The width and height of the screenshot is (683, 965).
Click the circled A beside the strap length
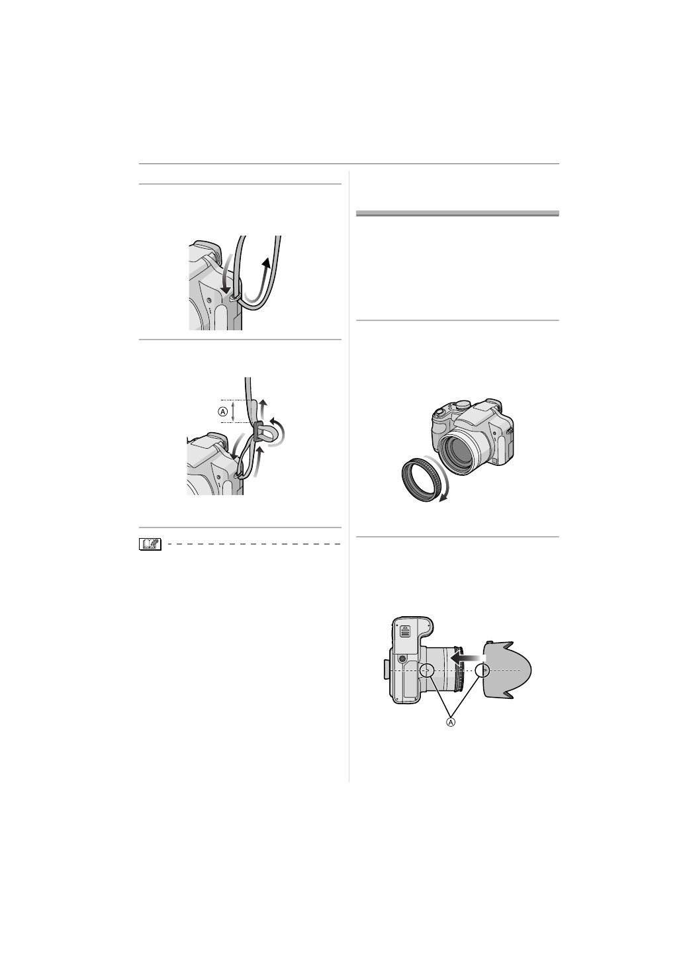click(x=223, y=411)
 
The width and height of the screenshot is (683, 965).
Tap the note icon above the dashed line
click(x=150, y=544)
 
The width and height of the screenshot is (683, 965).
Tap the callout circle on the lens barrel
click(x=427, y=670)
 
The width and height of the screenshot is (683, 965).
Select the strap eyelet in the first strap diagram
click(x=233, y=299)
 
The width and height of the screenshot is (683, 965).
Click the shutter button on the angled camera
click(x=437, y=412)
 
